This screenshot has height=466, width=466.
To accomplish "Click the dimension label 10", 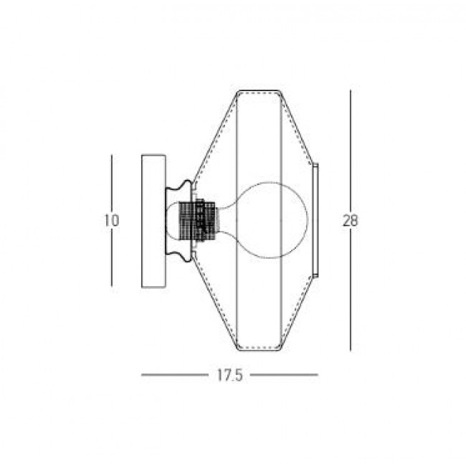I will pyautogui.click(x=110, y=221).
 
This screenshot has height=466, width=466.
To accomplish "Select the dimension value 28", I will pyautogui.click(x=350, y=221).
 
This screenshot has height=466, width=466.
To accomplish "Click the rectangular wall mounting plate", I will pyautogui.click(x=153, y=221).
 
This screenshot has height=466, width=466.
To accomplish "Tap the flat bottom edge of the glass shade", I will pyautogui.click(x=258, y=349).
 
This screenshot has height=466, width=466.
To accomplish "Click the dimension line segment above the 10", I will pyautogui.click(x=111, y=182).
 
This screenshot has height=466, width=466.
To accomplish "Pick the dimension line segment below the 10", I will pyautogui.click(x=111, y=258).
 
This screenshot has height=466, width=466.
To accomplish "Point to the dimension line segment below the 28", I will pyautogui.click(x=351, y=291).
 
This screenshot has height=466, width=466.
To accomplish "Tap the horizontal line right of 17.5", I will pyautogui.click(x=283, y=375).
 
